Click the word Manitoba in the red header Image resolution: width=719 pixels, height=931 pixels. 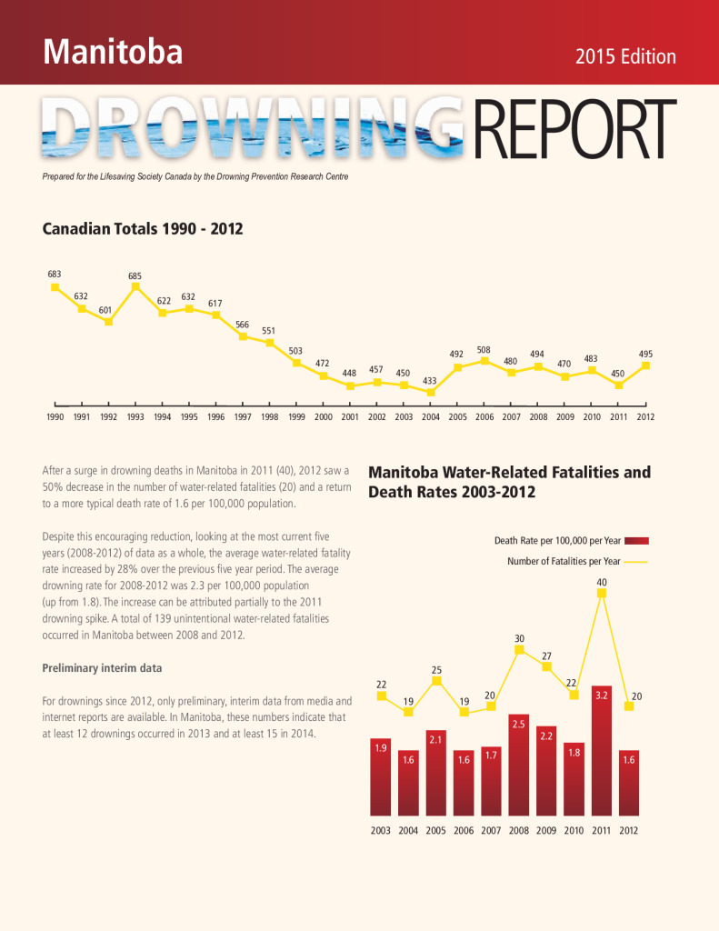coord(113,52)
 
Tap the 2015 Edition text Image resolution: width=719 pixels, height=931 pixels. coord(625,56)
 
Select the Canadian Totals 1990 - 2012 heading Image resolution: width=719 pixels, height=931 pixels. coord(143,228)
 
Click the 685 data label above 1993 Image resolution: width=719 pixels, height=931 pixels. coord(135,276)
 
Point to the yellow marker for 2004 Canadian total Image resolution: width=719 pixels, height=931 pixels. coord(431,392)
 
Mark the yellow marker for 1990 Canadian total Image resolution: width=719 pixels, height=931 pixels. coord(55,286)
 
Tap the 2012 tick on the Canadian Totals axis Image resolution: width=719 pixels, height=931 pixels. coord(645,416)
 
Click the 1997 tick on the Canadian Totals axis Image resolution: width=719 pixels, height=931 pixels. coord(242,416)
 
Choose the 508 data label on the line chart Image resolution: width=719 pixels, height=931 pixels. coord(484,350)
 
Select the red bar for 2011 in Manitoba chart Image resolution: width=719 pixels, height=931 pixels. coord(602,750)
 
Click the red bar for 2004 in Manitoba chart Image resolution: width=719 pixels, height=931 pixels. coord(408,783)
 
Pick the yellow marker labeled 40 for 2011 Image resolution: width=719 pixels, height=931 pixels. coord(602,593)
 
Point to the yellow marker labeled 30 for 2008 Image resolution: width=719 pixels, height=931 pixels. coord(520,649)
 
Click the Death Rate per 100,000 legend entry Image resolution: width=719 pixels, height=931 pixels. coord(571,541)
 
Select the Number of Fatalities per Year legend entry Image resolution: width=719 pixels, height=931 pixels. coord(576,561)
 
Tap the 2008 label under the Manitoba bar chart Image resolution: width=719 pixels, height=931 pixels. coord(519,831)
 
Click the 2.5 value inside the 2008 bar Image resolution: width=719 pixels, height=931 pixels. coord(518,725)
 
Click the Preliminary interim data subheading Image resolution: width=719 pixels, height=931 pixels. coord(102,668)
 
